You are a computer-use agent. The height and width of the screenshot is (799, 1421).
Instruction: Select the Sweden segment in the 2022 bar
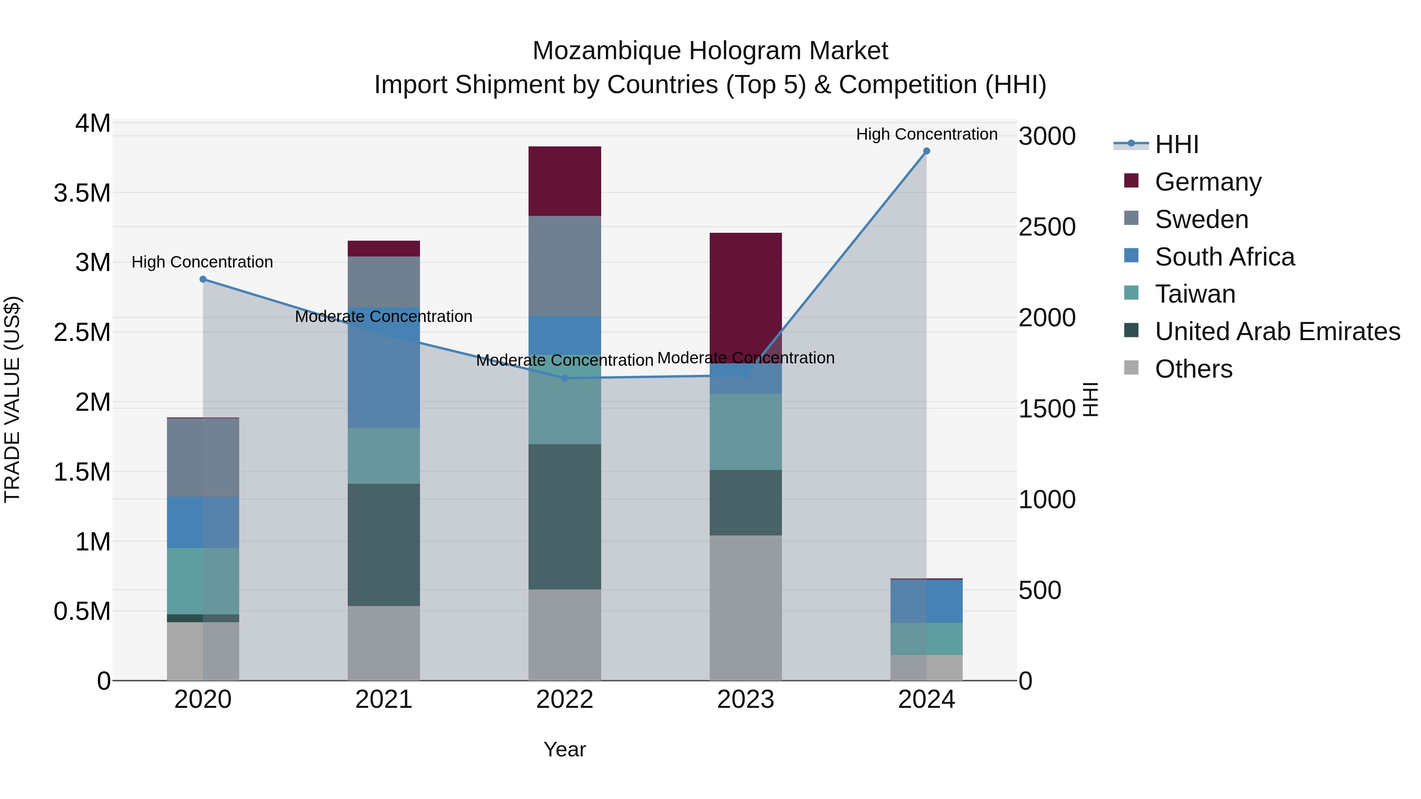tap(564, 266)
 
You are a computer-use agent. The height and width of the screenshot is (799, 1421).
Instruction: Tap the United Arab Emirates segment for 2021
tap(383, 545)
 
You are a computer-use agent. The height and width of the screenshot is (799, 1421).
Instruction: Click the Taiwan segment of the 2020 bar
tap(202, 581)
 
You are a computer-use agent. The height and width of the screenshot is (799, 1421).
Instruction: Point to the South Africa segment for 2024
tap(926, 601)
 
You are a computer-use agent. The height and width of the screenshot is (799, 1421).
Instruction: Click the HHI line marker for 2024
tap(926, 151)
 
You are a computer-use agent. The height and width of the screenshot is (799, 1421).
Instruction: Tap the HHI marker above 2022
tap(564, 378)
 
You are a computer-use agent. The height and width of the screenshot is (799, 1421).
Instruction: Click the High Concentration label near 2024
tap(926, 134)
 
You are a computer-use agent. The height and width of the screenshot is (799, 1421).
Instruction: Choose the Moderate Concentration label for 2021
tap(383, 316)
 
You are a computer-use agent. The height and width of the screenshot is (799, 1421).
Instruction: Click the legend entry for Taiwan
tap(1194, 294)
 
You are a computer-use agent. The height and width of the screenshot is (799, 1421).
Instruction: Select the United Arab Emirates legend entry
tap(1277, 331)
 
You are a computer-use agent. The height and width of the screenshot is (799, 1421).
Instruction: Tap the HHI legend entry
tap(1176, 144)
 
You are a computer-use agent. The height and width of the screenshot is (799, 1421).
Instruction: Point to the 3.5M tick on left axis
tap(82, 193)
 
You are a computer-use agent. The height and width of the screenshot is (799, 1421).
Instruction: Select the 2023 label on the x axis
tap(745, 700)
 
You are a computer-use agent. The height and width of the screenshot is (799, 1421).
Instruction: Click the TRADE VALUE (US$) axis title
tap(12, 399)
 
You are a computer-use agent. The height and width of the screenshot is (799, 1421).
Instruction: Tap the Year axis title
tap(564, 749)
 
